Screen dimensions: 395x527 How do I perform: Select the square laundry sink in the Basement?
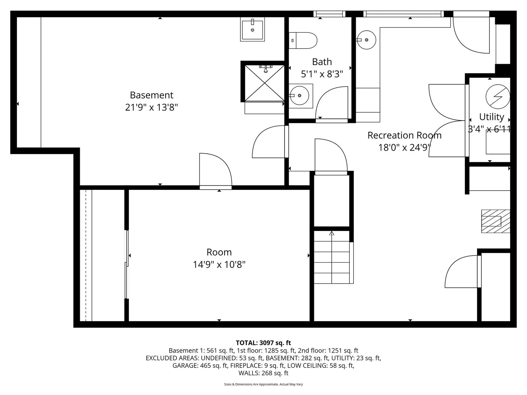[252, 29]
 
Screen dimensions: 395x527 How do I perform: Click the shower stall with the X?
[264, 83]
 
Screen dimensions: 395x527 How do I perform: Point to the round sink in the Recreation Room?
[367, 40]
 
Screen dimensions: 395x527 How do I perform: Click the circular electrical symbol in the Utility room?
[498, 97]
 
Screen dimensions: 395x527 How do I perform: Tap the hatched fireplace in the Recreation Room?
[495, 221]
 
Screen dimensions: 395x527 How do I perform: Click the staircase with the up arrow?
[332, 258]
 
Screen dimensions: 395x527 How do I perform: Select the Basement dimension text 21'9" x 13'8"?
[152, 107]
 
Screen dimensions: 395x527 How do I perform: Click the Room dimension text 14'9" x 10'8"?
[219, 265]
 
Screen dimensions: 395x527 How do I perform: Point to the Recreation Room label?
[404, 135]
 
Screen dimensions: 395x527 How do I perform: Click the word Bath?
[322, 62]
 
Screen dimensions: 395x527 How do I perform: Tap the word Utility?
[491, 117]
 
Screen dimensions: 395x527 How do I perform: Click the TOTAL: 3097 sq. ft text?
[263, 343]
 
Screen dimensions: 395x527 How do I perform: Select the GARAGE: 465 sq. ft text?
[200, 366]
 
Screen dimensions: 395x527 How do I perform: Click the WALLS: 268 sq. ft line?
[263, 373]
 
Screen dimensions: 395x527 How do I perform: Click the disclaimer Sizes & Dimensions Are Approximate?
[263, 384]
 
